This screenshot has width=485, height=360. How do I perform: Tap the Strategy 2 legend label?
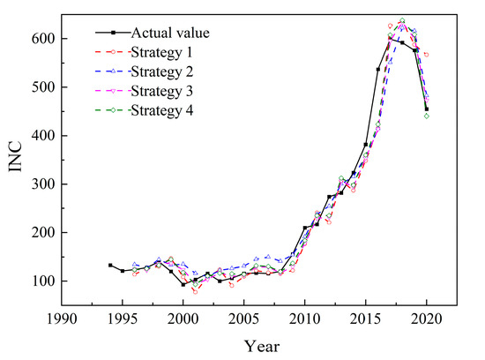coord(162,71)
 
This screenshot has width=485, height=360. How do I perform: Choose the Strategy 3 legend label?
coord(162,91)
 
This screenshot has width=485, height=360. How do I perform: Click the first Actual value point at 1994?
coord(110,265)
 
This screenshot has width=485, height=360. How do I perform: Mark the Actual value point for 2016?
coord(378,69)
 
